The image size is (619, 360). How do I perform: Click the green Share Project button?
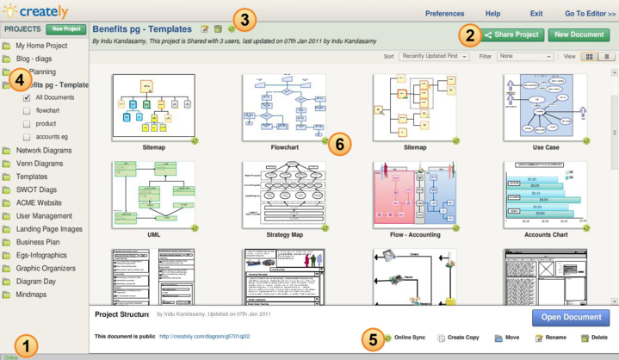point(512,35)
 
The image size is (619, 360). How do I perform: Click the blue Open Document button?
point(571,317)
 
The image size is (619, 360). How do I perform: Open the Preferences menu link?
point(444,14)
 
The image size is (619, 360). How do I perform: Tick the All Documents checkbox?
point(28,98)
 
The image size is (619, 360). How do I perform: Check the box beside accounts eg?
point(28,136)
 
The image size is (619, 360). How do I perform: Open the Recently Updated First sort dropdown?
point(434,56)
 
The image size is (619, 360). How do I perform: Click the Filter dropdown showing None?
point(525,56)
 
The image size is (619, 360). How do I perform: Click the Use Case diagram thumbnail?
point(546,106)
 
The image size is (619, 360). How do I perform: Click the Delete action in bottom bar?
point(595,338)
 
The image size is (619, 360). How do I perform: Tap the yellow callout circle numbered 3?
point(245,18)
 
